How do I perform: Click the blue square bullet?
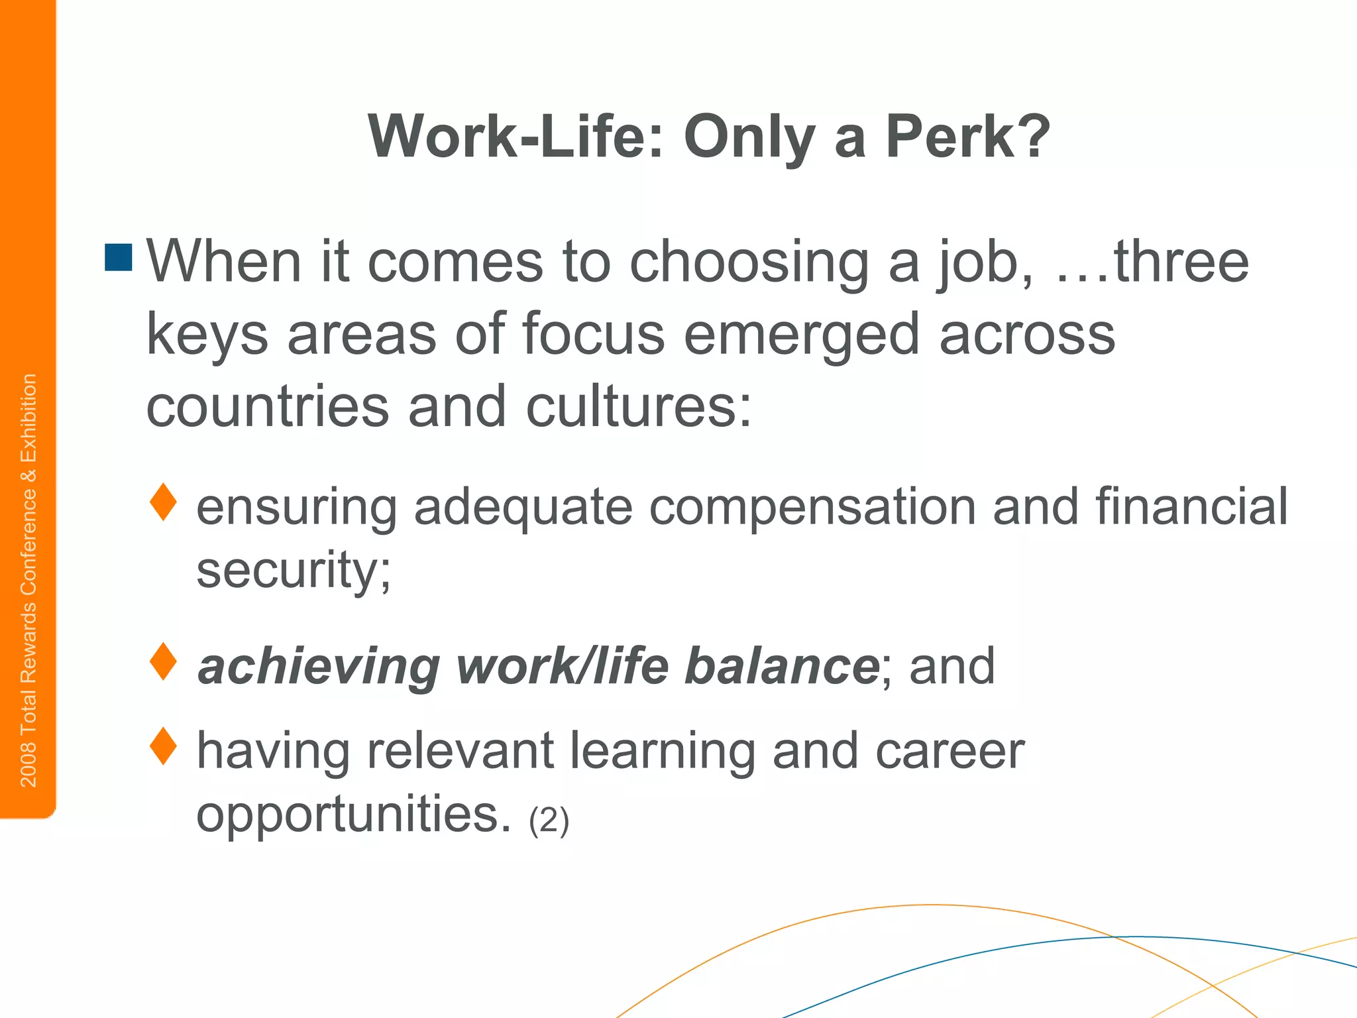click(119, 257)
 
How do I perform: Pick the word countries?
click(267, 406)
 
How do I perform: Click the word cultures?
click(639, 406)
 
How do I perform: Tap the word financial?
click(1191, 506)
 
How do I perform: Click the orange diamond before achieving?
click(163, 661)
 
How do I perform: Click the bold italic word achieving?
click(318, 667)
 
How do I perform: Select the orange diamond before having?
click(163, 746)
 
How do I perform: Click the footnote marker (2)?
click(549, 820)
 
